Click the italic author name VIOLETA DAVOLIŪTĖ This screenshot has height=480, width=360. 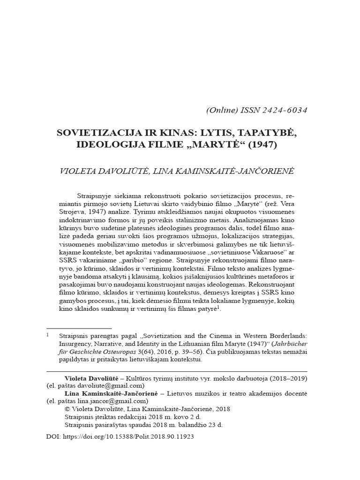click(x=104, y=171)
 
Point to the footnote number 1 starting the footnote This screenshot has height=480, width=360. click(x=48, y=336)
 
